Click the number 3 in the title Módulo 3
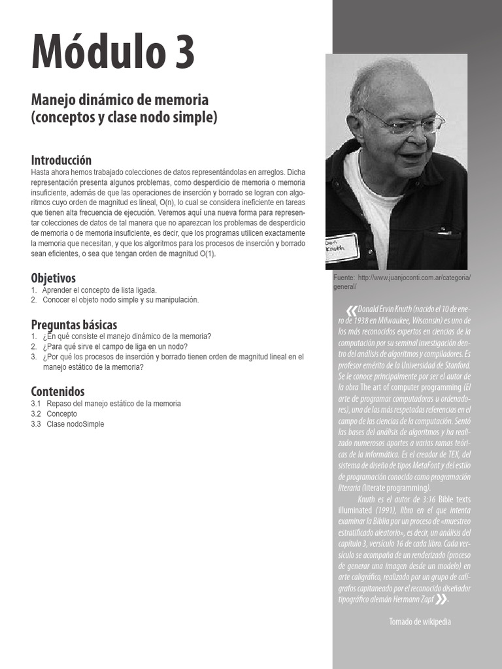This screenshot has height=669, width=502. click(180, 54)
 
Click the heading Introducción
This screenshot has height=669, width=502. click(61, 160)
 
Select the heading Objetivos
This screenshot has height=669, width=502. click(54, 278)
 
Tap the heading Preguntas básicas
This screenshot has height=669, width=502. click(74, 325)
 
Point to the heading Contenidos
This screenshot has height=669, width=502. click(58, 391)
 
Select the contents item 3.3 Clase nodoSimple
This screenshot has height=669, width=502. click(75, 424)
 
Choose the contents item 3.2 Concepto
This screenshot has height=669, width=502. click(61, 414)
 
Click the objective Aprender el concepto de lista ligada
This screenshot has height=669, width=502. click(99, 290)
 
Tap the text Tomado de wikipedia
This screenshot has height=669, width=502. click(420, 621)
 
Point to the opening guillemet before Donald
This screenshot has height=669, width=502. click(352, 309)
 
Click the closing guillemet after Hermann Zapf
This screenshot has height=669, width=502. click(441, 599)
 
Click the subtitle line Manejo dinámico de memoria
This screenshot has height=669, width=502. click(120, 100)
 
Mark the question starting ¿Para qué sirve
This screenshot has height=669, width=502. click(115, 346)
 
